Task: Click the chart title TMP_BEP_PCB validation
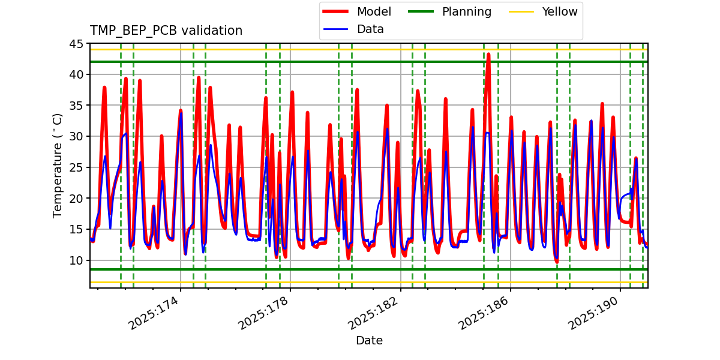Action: pos(166,31)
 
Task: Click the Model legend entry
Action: pos(374,11)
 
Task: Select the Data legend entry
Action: pos(370,29)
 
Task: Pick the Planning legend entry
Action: pos(466,11)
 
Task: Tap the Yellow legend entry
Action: pos(559,11)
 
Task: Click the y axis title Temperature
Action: pos(58,165)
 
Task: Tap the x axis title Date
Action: pos(369,341)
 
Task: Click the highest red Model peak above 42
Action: pos(488,55)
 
